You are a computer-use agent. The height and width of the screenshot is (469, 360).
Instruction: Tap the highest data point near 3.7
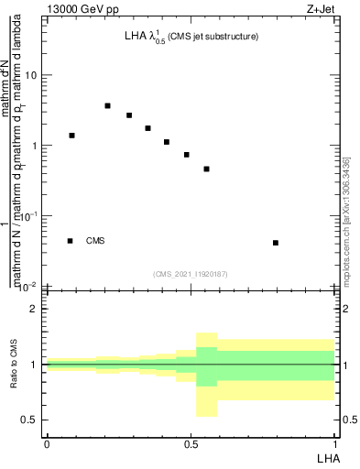[x=107, y=106]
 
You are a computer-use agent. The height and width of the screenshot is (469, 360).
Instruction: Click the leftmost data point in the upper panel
[x=71, y=136]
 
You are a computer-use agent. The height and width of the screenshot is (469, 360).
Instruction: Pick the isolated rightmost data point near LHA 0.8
[x=276, y=243]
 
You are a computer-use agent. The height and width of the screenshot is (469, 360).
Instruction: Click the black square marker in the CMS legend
[x=70, y=241]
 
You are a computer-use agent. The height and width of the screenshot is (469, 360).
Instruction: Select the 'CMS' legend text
[x=95, y=241]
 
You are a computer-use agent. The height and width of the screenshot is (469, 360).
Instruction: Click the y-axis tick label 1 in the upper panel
[x=35, y=146]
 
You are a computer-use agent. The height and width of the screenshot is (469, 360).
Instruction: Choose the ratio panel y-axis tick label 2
[x=34, y=309]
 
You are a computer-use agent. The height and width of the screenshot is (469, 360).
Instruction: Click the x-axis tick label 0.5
[x=191, y=443]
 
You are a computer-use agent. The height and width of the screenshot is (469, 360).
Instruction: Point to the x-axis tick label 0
[x=47, y=443]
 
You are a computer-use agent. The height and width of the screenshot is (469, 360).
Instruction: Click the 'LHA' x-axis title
[x=327, y=456]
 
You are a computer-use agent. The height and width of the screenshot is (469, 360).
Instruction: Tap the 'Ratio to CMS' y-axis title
[x=13, y=364]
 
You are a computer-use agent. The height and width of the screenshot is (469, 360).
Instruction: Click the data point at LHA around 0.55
[x=207, y=169]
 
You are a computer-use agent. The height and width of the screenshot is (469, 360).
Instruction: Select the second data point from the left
[x=107, y=106]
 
